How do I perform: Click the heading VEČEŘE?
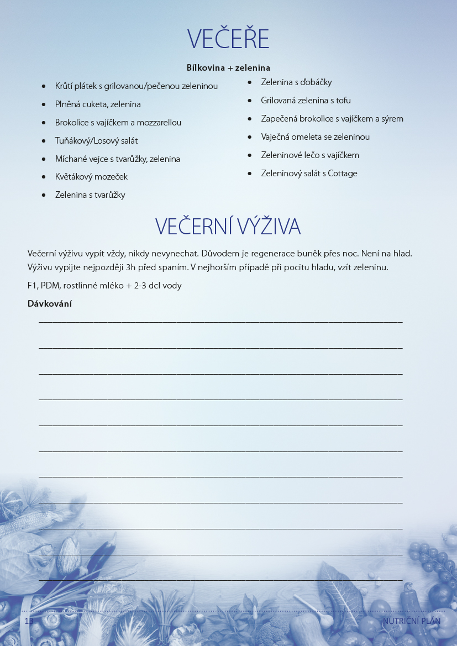(228, 39)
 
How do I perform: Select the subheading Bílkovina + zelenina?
(228, 68)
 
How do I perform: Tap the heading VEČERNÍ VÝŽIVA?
(228, 227)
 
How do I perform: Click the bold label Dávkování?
(50, 303)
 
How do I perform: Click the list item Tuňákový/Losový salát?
(96, 141)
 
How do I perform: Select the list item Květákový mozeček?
(91, 177)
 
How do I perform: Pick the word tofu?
(343, 101)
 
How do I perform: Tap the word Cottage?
(343, 174)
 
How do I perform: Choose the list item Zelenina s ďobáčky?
(296, 82)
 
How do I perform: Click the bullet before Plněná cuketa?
(44, 104)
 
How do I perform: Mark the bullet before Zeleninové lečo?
(250, 155)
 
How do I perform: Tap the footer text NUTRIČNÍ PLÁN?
(412, 621)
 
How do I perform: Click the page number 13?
(29, 621)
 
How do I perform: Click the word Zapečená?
(279, 119)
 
